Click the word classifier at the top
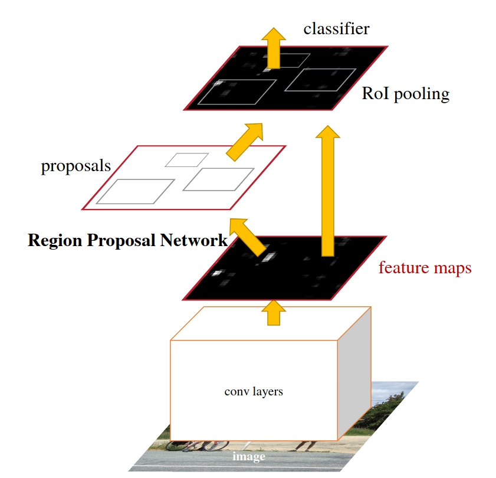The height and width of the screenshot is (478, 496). [x=336, y=29]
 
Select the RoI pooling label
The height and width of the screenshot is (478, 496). [x=406, y=93]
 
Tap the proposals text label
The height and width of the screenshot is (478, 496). [x=75, y=166]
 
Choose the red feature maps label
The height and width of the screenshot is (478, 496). [x=425, y=268]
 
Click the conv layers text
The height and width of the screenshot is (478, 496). [x=254, y=391]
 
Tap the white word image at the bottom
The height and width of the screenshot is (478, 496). [x=248, y=456]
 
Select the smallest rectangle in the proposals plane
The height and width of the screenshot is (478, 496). [x=186, y=159]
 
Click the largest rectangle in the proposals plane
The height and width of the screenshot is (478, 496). [x=136, y=191]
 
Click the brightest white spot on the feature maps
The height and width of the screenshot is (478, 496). [x=268, y=257]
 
